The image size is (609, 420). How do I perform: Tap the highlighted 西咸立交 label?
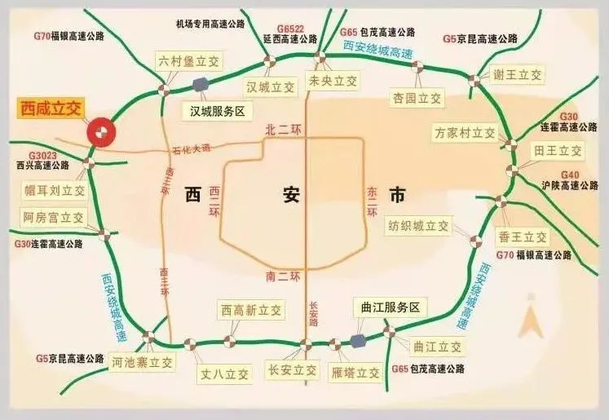[51, 108]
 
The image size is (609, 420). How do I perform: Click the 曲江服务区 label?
[390, 307]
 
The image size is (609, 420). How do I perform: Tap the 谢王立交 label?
[518, 74]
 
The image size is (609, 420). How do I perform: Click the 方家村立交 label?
[465, 132]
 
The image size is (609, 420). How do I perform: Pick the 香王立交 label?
[523, 237]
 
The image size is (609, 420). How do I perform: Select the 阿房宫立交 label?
[54, 218]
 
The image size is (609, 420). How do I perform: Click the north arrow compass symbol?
[532, 319]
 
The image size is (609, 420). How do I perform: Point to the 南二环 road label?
[283, 276]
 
